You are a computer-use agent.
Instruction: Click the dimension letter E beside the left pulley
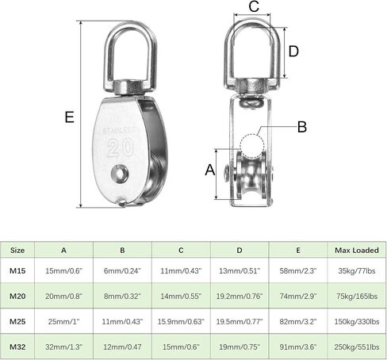point(69,117)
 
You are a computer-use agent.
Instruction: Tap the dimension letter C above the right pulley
point(254,6)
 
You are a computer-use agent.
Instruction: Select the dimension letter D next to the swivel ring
point(293,52)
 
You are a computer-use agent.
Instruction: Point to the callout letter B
point(302,127)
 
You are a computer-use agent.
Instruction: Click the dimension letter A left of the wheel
point(210,170)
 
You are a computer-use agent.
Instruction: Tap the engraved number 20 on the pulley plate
point(121,148)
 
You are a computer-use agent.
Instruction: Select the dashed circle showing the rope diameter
point(252,145)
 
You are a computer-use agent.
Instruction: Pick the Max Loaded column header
point(357,250)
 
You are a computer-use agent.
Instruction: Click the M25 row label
point(17,321)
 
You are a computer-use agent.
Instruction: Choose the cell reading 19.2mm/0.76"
point(239,296)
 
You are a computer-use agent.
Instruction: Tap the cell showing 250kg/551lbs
point(357,347)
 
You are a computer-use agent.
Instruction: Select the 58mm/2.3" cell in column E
point(298,270)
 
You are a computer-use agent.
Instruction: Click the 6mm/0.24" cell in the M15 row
point(122,270)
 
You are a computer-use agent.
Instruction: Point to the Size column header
point(17,250)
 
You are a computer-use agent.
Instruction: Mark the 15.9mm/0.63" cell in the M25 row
point(181,321)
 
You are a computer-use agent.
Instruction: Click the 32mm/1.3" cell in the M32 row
point(63,347)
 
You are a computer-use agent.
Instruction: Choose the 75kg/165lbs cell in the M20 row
point(357,296)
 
